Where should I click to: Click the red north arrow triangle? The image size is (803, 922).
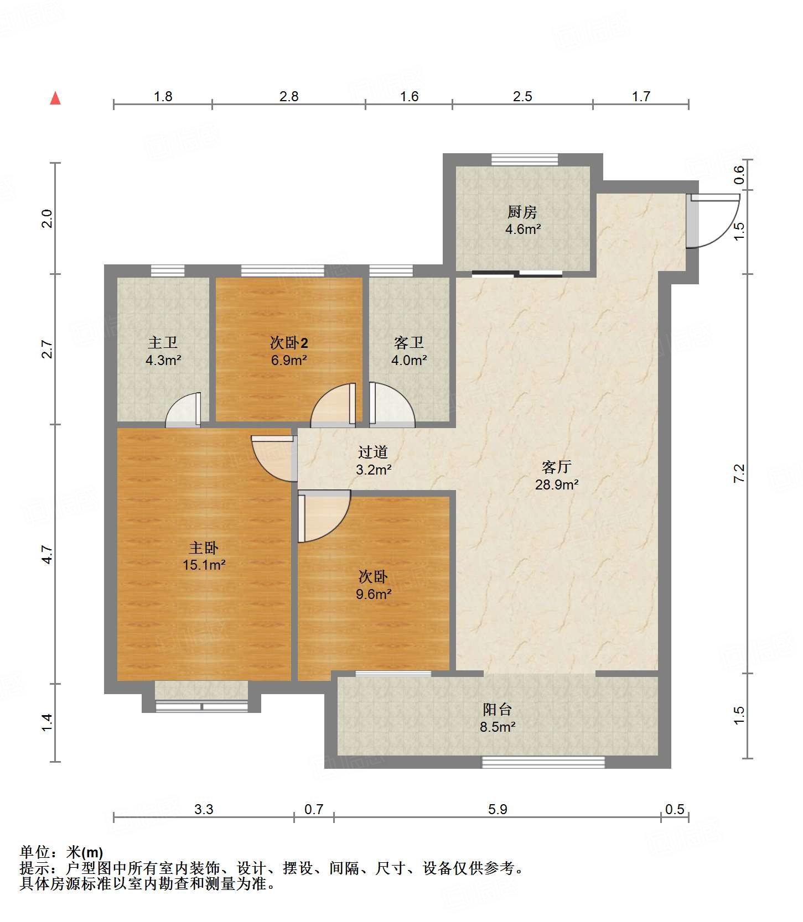point(55,98)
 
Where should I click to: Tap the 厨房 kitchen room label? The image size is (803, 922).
point(522,212)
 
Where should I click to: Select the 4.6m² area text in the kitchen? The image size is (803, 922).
point(523,229)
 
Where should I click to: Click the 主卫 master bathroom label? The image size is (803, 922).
point(163,343)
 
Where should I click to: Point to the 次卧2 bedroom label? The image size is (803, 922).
point(289,343)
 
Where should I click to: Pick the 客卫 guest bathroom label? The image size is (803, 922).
point(409,343)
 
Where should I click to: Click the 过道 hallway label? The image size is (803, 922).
point(373,452)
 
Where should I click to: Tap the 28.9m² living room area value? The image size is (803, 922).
point(557,485)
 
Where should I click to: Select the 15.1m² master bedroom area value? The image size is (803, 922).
point(204,565)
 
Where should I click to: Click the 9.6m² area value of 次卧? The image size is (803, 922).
point(374,594)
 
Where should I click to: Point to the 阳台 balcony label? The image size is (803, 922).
point(498,710)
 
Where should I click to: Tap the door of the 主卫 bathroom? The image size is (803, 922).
point(183,410)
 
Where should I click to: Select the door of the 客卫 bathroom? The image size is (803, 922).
point(392,404)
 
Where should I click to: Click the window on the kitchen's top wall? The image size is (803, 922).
point(525,160)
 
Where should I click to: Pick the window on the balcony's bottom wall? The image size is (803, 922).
point(543,762)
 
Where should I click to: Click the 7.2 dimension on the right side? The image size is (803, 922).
point(739,473)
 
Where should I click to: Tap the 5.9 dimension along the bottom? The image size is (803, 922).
point(498,809)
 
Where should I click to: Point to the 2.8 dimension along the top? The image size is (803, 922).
point(289,96)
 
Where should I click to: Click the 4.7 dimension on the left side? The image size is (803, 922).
point(48,555)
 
